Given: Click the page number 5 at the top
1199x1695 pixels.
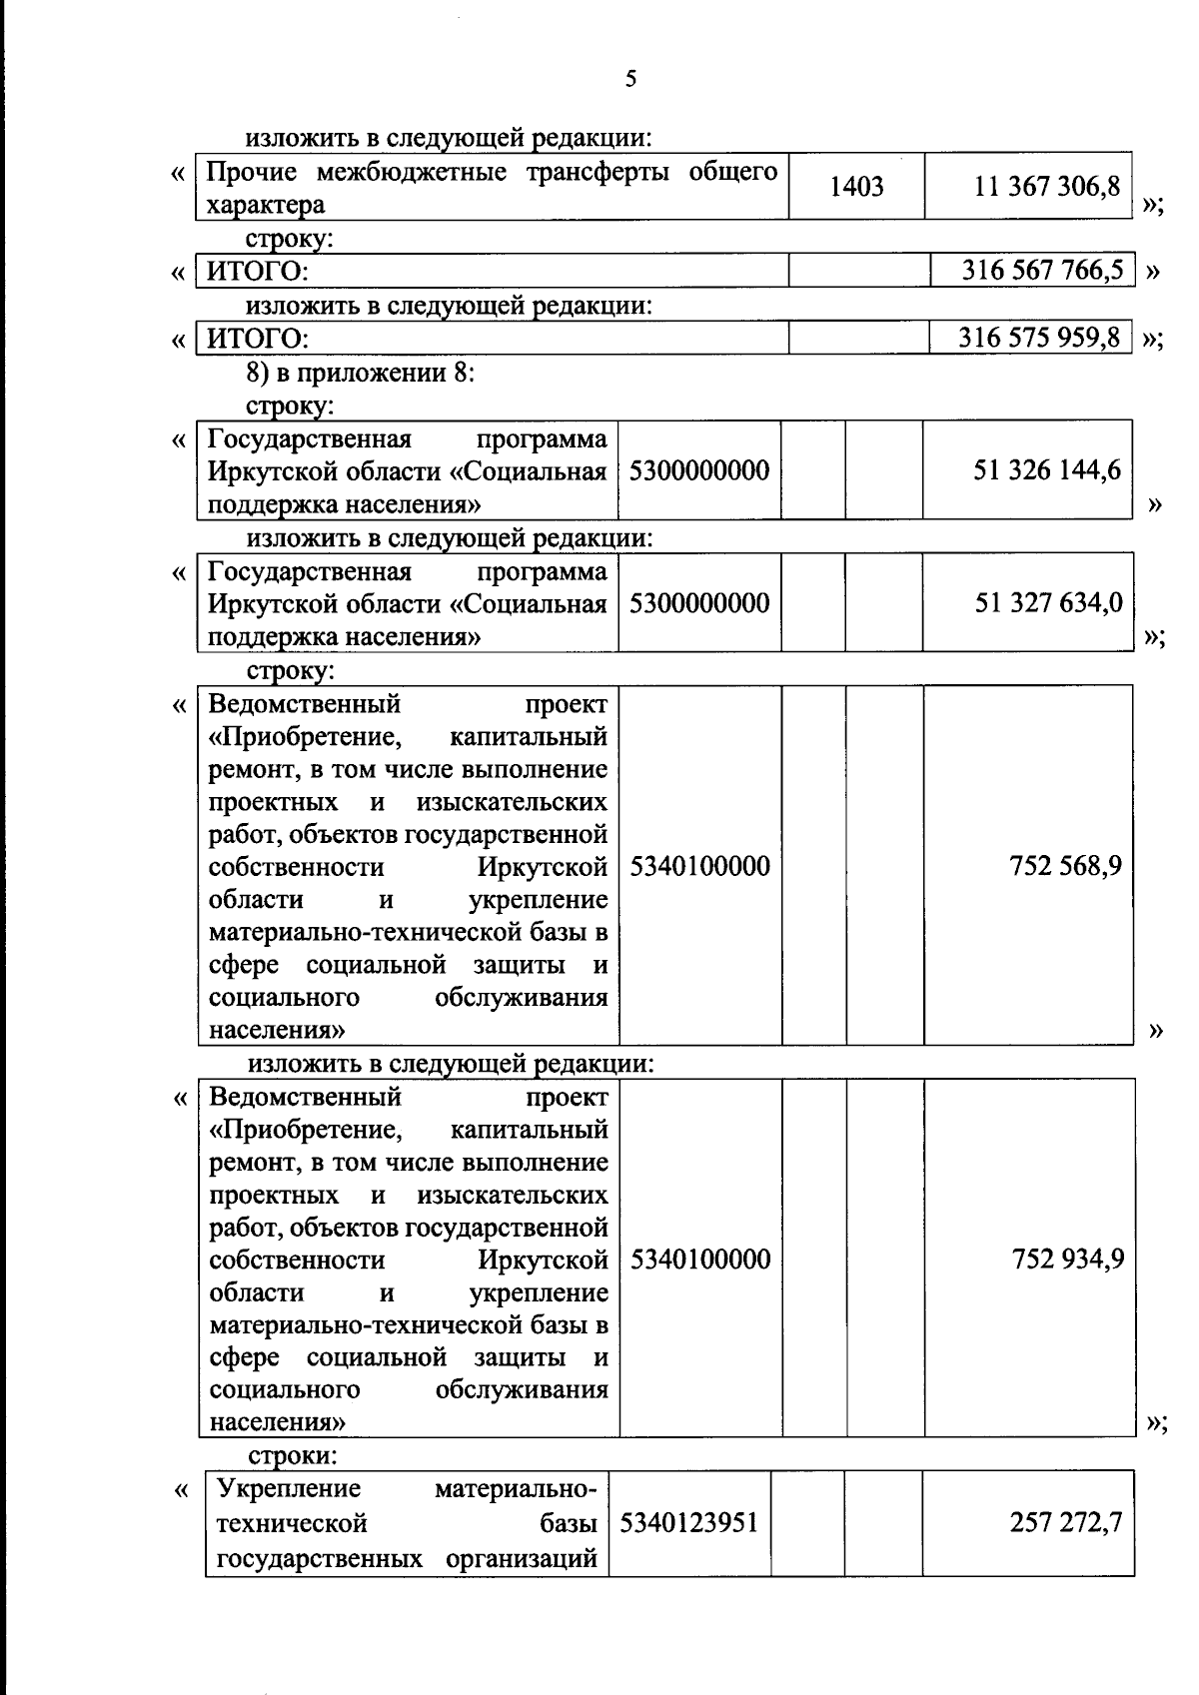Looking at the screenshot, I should (630, 79).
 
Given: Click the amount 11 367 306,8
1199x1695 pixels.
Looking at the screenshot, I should (1047, 186).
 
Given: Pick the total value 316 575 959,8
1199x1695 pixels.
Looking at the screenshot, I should (1039, 337).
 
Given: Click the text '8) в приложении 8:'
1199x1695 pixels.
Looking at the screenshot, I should (361, 373).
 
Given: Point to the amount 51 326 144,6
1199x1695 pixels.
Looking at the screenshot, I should (1047, 469).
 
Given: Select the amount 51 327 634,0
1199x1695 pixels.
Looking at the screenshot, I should (1048, 602).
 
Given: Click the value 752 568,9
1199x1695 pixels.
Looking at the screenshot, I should (1065, 865).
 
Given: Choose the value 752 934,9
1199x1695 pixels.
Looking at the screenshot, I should (1067, 1259).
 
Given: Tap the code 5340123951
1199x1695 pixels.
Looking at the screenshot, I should (689, 1522).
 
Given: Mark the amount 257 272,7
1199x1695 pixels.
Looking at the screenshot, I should (1066, 1522).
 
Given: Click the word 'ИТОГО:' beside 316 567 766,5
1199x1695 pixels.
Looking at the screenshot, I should (257, 272).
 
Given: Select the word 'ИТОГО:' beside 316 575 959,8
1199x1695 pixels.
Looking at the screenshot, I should (257, 339).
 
